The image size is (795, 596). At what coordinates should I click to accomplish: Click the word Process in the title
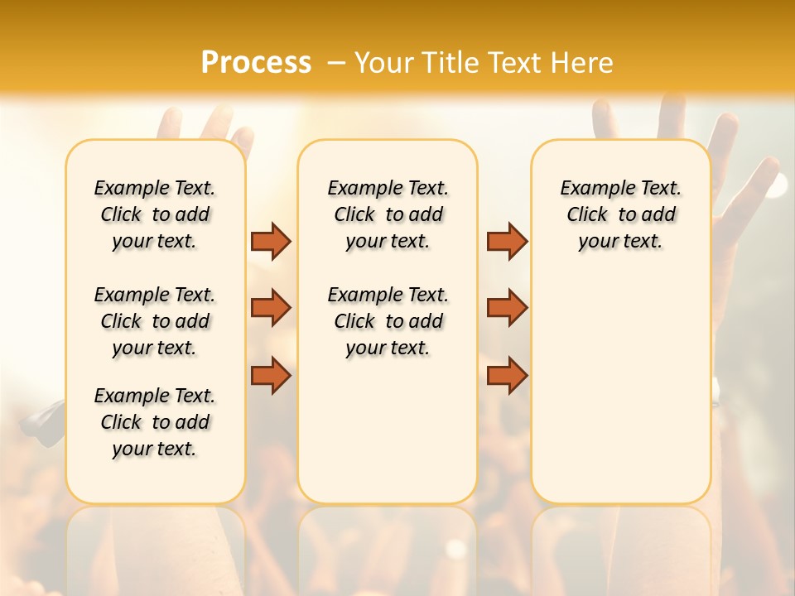[256, 62]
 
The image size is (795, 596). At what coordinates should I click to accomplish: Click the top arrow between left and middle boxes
[271, 241]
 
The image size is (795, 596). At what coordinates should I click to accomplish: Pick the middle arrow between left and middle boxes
[271, 308]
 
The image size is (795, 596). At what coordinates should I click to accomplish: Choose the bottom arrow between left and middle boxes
[271, 375]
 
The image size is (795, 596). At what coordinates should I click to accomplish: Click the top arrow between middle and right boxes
[507, 241]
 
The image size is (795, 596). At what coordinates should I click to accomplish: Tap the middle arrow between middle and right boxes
[507, 308]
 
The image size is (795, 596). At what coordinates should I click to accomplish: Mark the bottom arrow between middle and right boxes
[507, 375]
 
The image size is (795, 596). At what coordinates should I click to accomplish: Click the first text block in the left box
[155, 214]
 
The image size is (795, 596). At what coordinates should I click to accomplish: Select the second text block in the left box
[155, 321]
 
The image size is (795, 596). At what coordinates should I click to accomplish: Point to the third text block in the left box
[155, 422]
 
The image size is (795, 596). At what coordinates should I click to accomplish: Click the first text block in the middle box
[388, 214]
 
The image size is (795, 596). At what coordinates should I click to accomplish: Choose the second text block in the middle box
[388, 321]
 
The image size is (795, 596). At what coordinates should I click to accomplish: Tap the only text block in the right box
[620, 214]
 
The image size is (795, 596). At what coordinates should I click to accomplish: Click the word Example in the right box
[591, 189]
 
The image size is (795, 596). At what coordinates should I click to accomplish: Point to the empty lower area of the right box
[620, 389]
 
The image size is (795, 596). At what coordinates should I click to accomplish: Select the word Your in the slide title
[383, 63]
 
